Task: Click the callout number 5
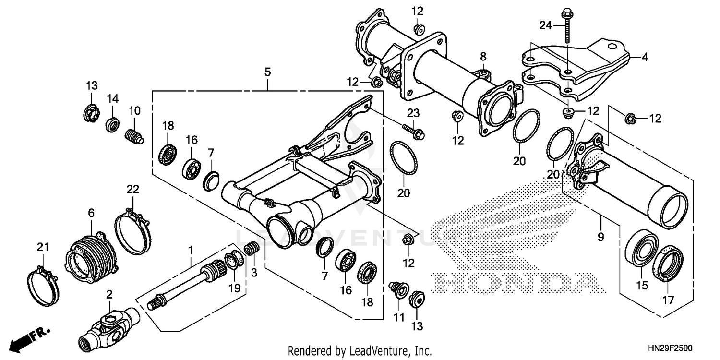[267, 72]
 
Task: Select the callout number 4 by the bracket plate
[645, 57]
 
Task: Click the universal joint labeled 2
[109, 328]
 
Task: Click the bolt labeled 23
[414, 131]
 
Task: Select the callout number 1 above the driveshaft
[191, 250]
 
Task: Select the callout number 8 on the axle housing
[483, 57]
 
